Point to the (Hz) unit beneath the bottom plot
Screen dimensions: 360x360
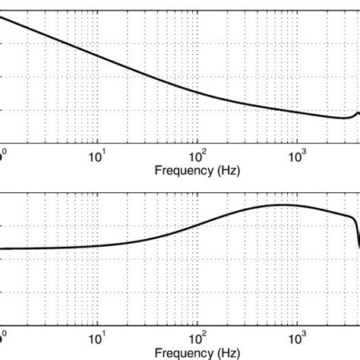click(228, 354)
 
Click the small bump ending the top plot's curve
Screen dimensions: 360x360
click(358, 113)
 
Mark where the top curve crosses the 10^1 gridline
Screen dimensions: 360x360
click(96, 55)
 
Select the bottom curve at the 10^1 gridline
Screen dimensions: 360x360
click(96, 245)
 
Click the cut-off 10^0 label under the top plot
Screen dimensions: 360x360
click(3, 155)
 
